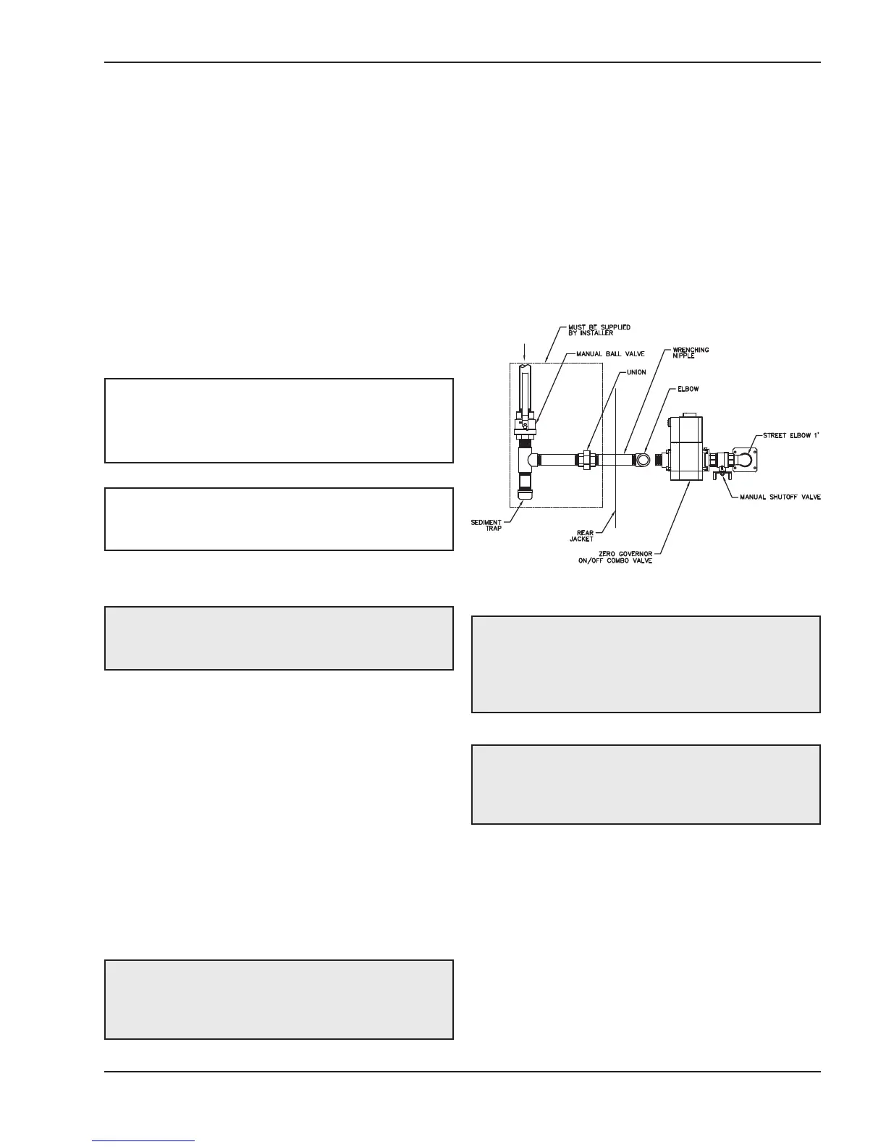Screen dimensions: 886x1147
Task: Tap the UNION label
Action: click(636, 372)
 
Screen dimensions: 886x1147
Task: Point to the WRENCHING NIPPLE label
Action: click(691, 353)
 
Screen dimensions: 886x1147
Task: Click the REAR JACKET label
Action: click(581, 535)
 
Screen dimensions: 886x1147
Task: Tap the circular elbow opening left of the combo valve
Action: click(643, 459)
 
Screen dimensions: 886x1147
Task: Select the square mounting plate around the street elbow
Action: click(745, 459)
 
